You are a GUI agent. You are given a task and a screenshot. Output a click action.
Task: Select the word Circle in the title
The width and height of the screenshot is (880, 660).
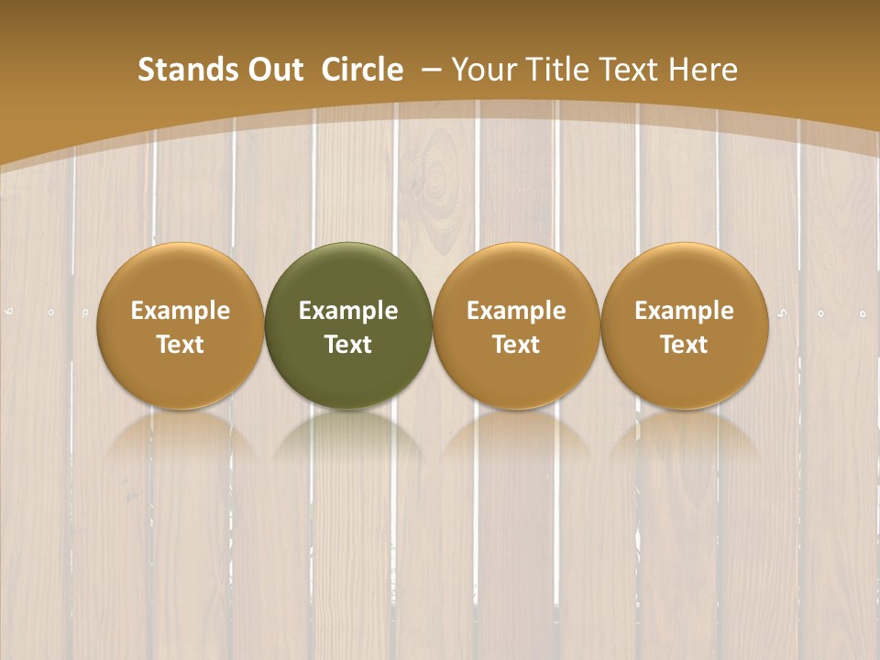tap(361, 70)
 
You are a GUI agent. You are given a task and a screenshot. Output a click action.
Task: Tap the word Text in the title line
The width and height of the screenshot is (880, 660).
tap(631, 70)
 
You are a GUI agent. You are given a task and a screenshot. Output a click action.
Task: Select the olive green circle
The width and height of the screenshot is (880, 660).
tap(348, 325)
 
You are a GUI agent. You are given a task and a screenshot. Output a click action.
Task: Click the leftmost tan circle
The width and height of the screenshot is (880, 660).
tap(180, 325)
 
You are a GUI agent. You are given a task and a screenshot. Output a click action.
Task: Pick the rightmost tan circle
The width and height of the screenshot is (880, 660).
tap(685, 325)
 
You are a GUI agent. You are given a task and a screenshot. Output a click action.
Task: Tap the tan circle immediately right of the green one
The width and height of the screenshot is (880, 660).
tap(516, 325)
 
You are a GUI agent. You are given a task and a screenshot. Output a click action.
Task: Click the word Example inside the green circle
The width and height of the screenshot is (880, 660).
tap(348, 311)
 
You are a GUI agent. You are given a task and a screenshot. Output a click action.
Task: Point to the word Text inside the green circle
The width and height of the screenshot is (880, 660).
tap(348, 345)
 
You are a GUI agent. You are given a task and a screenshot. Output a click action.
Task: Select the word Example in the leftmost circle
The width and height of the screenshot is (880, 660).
tap(181, 311)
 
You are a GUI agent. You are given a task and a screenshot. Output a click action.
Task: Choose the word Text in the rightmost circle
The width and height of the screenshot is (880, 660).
tap(685, 345)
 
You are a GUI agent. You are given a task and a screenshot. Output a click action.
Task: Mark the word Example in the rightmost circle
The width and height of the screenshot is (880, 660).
tap(685, 311)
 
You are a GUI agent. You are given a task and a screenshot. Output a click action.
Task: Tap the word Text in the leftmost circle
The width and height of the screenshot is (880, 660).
tap(181, 345)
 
